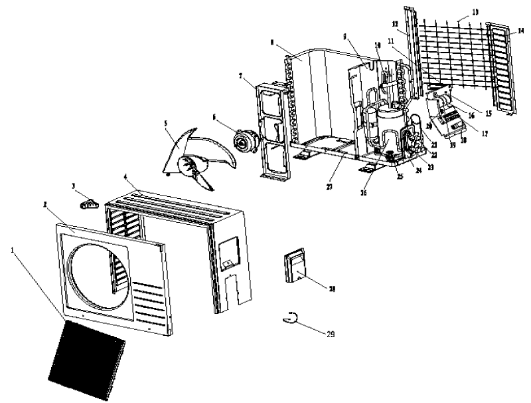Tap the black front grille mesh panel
click(87, 358)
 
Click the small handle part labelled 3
click(88, 203)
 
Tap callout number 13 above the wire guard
click(456, 12)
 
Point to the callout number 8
click(273, 43)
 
